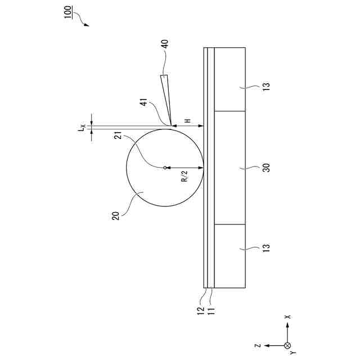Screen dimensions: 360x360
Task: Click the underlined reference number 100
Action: pyautogui.click(x=68, y=12)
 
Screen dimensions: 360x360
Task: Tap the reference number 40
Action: pyautogui.click(x=165, y=44)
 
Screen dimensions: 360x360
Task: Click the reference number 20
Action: pyautogui.click(x=116, y=216)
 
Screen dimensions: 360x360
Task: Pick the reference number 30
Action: pyautogui.click(x=266, y=168)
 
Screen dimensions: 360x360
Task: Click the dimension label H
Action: pyautogui.click(x=188, y=120)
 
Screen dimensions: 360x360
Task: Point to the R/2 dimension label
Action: pyautogui.click(x=184, y=176)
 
